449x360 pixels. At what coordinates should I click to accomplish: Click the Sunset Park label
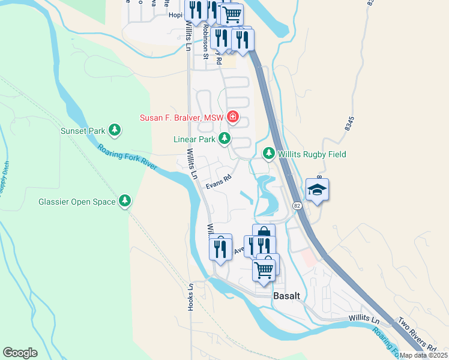coord(82,130)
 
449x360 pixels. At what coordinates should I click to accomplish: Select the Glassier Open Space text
coord(77,202)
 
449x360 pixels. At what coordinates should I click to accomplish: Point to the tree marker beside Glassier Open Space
coord(125,201)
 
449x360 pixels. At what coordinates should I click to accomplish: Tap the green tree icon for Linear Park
coord(224,139)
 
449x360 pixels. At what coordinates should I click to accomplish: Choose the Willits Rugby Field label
coord(312,154)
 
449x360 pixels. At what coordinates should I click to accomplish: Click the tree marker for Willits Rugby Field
coord(268,154)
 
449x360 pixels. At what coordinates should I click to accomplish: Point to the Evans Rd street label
coord(218,182)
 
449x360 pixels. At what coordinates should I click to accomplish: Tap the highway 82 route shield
coord(297,205)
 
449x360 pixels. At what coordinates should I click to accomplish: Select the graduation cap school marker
coord(317,190)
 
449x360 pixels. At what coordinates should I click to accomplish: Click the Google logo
coord(20,353)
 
